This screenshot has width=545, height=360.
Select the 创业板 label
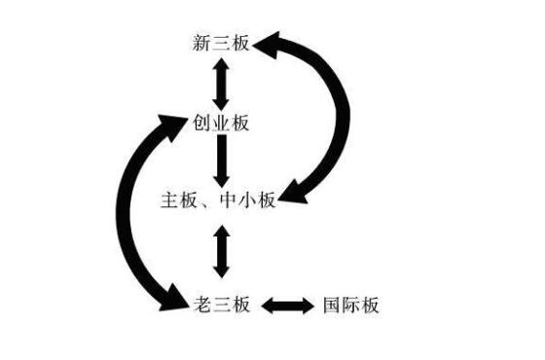(x=222, y=123)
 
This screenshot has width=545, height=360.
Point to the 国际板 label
(x=350, y=306)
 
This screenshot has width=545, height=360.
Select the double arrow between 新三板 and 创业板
(x=221, y=83)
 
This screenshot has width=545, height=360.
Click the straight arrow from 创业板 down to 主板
(x=221, y=161)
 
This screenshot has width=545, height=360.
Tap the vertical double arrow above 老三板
(x=221, y=251)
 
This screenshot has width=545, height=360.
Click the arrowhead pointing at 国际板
(x=309, y=306)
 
